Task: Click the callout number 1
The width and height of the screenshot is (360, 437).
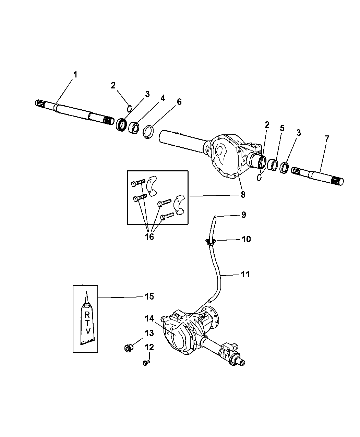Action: pos(75,74)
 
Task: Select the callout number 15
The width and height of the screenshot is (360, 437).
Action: pos(148,296)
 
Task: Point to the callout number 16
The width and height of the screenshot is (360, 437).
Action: pos(149,237)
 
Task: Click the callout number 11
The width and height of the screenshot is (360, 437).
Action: pos(245,274)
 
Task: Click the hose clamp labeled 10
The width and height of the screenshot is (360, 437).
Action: pos(210,242)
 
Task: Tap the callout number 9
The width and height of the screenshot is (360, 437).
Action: pos(243,215)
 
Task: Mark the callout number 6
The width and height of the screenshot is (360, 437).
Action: pos(179,102)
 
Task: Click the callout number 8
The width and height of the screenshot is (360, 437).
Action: pos(243,195)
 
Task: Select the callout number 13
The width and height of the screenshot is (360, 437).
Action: pos(149,333)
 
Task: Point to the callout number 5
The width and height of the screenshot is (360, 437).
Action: pos(282,129)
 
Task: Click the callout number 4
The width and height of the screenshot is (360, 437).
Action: pos(163,98)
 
